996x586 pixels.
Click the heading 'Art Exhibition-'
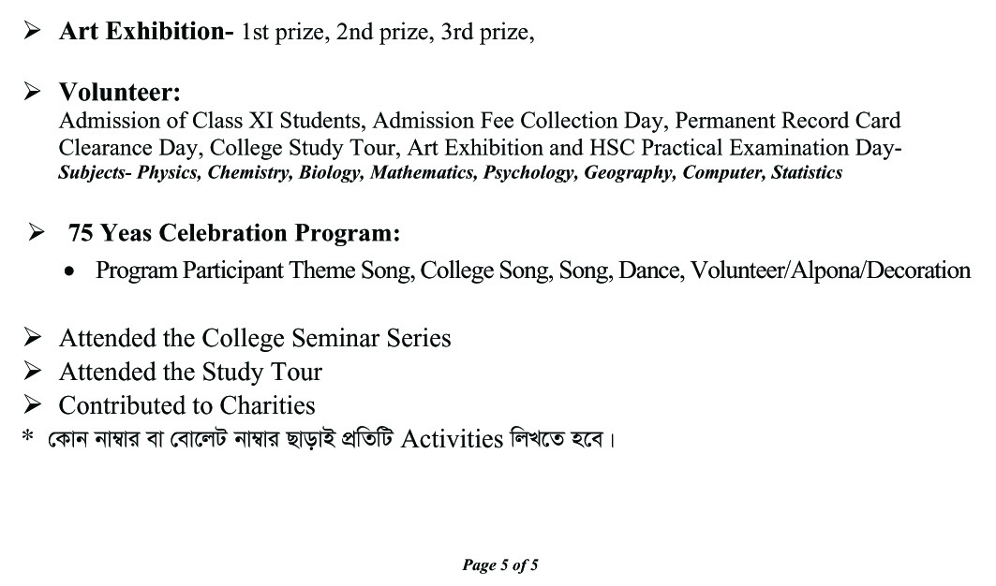pos(146,31)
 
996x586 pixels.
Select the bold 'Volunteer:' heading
pos(120,92)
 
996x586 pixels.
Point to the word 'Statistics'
pos(807,173)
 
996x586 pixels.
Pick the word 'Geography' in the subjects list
pos(630,173)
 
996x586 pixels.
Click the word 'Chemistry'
pos(249,173)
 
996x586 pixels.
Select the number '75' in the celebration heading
pos(81,232)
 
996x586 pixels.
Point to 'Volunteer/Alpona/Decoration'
pos(830,271)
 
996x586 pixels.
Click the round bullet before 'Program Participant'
pos(70,271)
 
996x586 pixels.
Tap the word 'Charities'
pos(267,405)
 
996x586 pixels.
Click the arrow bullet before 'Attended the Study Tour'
pos(33,372)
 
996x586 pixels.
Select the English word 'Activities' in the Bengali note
pos(452,438)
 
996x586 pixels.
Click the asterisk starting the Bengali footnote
pos(28,436)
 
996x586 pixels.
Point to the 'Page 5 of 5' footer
pos(500,564)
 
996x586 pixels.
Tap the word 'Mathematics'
pos(424,173)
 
